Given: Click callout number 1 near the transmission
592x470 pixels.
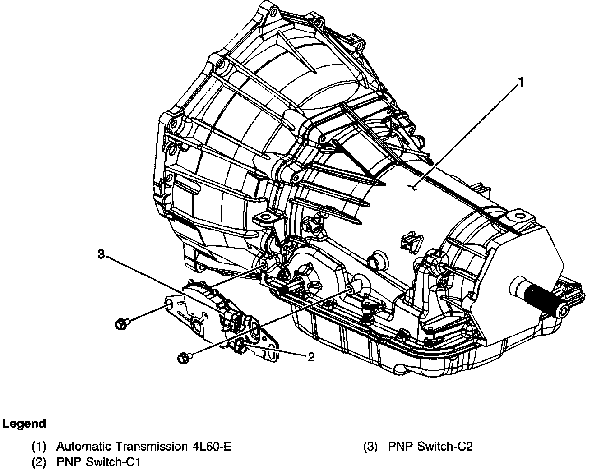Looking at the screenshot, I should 521,82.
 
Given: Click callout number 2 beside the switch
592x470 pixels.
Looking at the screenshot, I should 310,357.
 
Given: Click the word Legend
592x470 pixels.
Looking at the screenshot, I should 24,424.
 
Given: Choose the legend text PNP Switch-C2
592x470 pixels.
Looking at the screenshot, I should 430,447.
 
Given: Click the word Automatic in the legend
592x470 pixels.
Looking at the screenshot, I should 83,447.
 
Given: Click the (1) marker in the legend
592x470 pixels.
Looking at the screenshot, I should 39,447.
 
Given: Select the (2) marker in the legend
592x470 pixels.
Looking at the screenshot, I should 39,461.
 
